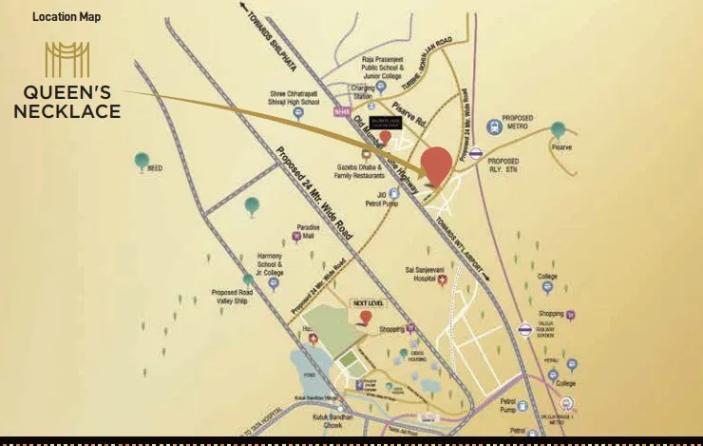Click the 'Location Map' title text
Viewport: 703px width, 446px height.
point(66,17)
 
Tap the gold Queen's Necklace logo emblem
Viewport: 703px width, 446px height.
point(66,60)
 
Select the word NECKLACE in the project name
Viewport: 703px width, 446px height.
point(74,112)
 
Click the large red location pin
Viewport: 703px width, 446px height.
point(436,166)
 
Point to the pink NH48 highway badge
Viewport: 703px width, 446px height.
point(343,111)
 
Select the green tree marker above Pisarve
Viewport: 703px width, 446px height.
point(558,129)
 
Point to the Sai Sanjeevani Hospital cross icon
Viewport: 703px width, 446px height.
point(442,280)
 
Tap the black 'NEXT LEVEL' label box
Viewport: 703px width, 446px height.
point(366,303)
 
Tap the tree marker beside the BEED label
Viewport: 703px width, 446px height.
point(142,161)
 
